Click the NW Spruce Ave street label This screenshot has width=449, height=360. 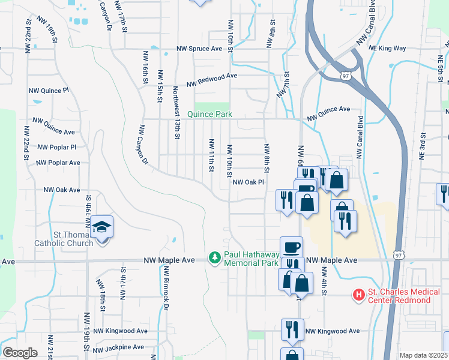pyautogui.click(x=199, y=49)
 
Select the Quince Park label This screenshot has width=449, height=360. pyautogui.click(x=209, y=114)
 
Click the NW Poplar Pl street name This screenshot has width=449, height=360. pyautogui.click(x=56, y=147)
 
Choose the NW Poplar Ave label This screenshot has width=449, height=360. pyautogui.click(x=58, y=163)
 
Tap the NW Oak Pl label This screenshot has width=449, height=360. pyautogui.click(x=249, y=182)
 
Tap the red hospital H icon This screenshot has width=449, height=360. pyautogui.click(x=359, y=295)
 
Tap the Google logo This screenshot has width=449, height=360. pyautogui.click(x=20, y=353)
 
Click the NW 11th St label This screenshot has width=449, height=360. pyautogui.click(x=211, y=154)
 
